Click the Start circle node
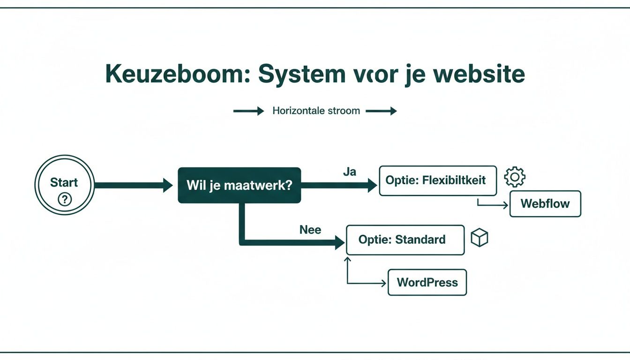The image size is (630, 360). coord(64,185)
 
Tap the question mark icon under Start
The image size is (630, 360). coord(64,200)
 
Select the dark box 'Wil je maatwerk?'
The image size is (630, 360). coord(239,185)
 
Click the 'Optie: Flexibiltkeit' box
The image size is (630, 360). coord(437,180)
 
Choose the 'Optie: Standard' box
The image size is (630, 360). coord(405,240)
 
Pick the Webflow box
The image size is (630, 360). coord(545,204)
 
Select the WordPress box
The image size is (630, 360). coord(427,282)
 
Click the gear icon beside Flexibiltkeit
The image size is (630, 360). coord(514,177)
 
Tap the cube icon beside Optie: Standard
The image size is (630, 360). coord(480,238)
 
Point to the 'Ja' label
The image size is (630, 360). coord(349,172)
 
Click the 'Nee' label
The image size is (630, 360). coord(310,230)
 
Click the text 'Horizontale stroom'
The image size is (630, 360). coord(316,111)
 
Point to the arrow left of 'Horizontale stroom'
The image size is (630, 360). coord(248,111)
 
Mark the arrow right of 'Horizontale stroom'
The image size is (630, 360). coord(381,111)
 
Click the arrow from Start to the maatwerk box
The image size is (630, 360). coord(134,185)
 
